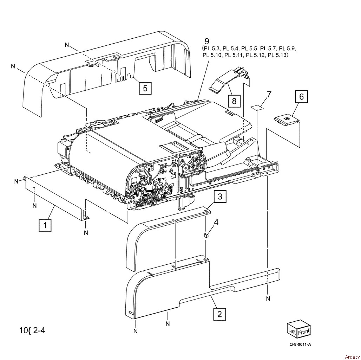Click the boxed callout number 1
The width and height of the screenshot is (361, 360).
45,225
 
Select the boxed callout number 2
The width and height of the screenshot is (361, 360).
219,314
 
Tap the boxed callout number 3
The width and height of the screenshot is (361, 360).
220,197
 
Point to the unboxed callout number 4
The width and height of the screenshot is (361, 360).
216,222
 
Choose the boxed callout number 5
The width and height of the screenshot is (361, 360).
145,88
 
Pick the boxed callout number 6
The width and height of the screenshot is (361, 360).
301,97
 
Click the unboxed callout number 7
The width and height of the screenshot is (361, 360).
269,94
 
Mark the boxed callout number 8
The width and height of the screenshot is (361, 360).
234,101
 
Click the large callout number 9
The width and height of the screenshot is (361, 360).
207,41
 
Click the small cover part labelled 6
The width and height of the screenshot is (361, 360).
286,121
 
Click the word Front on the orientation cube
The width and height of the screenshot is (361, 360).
304,332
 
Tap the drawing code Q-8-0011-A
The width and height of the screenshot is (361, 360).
300,344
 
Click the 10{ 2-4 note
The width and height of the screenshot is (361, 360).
32,330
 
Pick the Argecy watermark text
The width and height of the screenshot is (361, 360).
352,357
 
